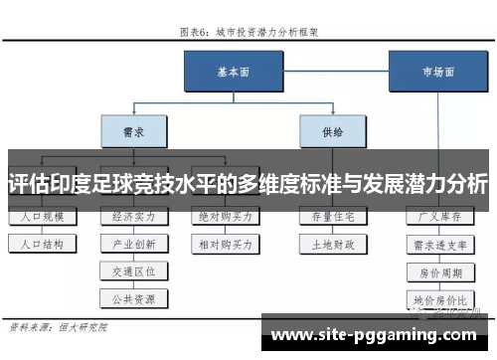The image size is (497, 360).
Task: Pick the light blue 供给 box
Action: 330,129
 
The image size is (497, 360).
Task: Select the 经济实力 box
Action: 133,216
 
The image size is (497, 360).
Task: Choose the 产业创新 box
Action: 133,243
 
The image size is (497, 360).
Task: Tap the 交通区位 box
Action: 133,270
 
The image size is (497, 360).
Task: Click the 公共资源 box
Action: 133,296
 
